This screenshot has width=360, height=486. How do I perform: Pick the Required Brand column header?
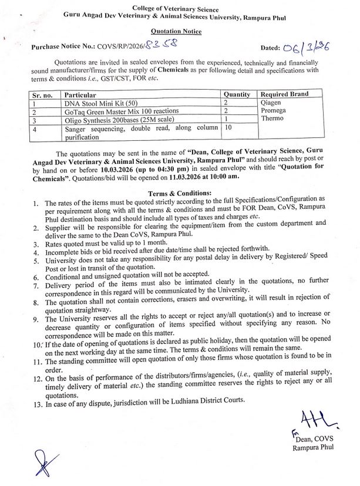[x=284, y=94]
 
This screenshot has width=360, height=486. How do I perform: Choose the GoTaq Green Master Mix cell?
[x=113, y=110]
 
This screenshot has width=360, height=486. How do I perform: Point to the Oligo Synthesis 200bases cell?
[x=113, y=119]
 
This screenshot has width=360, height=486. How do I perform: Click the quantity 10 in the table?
[x=228, y=127]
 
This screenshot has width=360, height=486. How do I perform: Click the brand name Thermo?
[x=272, y=119]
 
